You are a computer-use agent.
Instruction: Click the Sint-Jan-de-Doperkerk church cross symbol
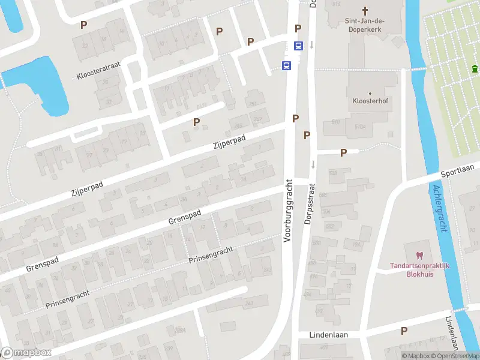365,10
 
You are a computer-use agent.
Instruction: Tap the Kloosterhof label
370,101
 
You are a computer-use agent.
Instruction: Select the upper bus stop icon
298,46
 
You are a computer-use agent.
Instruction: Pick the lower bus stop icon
287,65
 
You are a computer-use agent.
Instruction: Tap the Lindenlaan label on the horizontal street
328,334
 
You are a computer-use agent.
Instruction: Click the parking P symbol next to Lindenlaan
404,331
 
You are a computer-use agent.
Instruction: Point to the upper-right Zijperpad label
230,142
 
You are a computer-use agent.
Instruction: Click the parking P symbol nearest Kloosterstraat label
84,25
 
